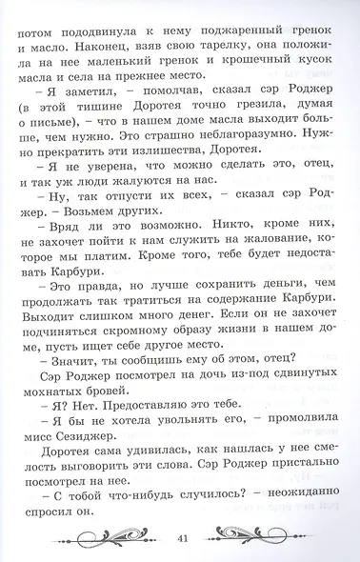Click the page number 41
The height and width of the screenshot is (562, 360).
coord(182,538)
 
